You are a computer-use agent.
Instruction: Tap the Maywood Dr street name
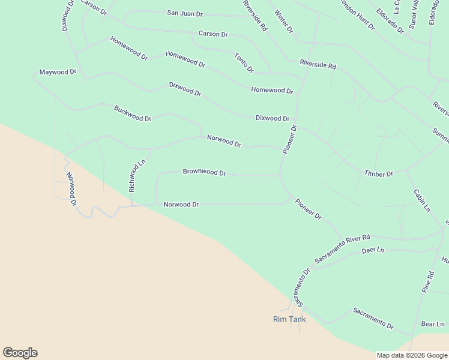tap(58, 72)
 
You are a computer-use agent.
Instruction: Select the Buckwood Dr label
tap(133, 113)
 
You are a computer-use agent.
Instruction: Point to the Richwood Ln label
tap(137, 175)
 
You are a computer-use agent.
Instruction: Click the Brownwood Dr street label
tap(204, 172)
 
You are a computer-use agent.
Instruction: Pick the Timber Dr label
tap(378, 173)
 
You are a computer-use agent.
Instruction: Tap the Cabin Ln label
tap(421, 200)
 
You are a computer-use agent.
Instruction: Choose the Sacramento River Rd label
tap(343, 249)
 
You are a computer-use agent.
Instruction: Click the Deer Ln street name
tap(373, 250)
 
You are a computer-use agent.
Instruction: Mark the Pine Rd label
tap(427, 282)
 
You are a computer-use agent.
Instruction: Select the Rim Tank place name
tap(289, 319)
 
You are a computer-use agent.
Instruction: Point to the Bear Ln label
tap(432, 324)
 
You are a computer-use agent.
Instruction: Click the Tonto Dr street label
tap(244, 63)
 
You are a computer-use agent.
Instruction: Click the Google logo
tap(20, 353)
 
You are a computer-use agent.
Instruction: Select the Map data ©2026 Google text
tap(412, 355)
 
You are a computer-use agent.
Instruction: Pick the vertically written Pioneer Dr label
tap(290, 139)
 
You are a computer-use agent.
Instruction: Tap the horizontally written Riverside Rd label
tap(318, 65)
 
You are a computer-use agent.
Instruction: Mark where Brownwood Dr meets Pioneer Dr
tap(280, 176)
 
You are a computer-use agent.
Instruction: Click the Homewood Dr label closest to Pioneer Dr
tap(271, 91)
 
